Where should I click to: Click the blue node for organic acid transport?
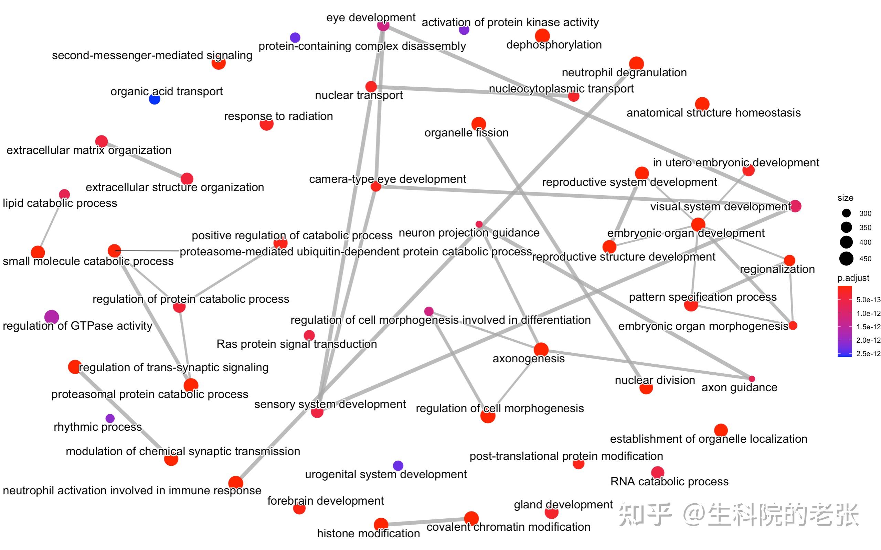click(155, 99)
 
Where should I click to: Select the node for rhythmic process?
click(109, 418)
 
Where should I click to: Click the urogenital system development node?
click(398, 465)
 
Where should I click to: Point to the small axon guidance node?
click(752, 379)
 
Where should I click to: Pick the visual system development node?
click(795, 206)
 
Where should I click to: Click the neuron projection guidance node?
click(479, 224)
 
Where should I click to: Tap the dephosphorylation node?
click(542, 36)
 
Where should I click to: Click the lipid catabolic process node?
click(64, 194)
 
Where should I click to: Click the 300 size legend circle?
click(847, 213)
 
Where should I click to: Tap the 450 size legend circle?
click(847, 258)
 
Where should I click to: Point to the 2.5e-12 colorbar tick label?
click(868, 354)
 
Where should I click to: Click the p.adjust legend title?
click(853, 278)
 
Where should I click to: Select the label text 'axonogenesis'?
click(528, 359)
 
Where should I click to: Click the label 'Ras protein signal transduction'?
click(297, 344)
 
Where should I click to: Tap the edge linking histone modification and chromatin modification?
click(426, 521)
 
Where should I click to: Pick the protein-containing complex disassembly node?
click(295, 37)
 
